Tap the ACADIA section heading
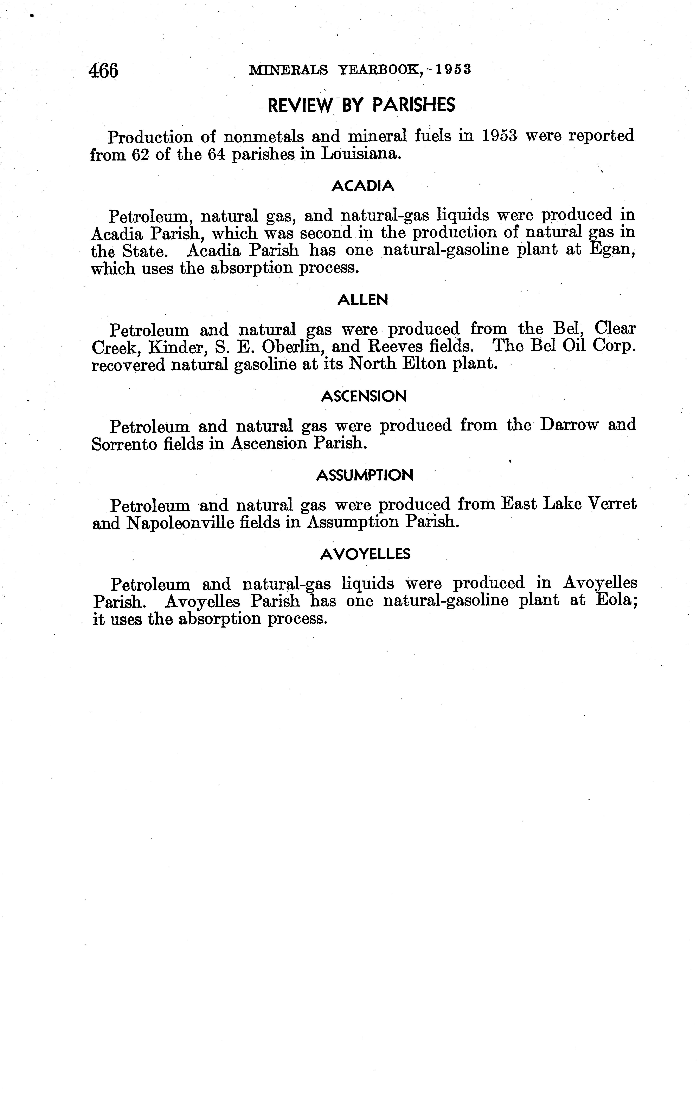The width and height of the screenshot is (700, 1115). click(x=363, y=186)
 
